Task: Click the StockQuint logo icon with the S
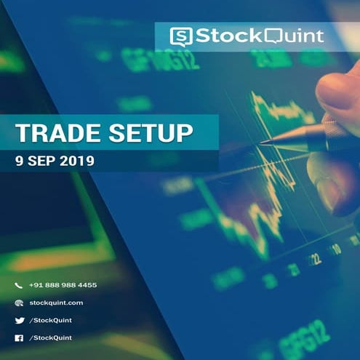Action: [x=180, y=36]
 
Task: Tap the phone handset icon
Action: [x=19, y=285]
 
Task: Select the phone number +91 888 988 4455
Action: [x=63, y=285]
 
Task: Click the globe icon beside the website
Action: [x=19, y=303]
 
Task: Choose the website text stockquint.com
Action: [x=56, y=303]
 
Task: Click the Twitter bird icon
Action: [x=19, y=321]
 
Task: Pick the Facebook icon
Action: [x=19, y=338]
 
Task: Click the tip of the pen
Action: [x=263, y=143]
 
